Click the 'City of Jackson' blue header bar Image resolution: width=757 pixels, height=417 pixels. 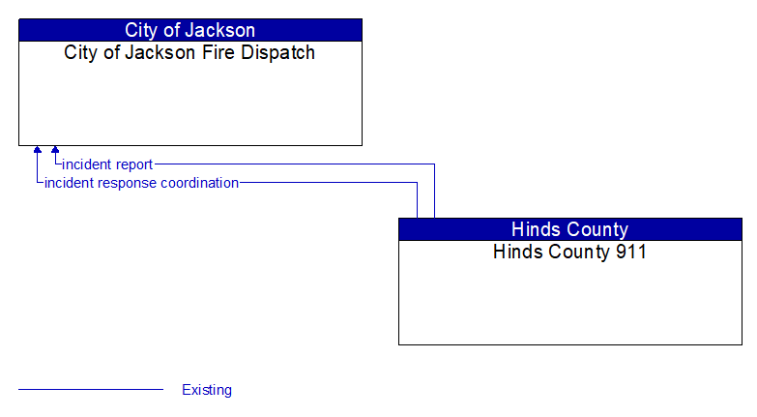point(189,30)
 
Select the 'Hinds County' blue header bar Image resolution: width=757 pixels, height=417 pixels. point(569,229)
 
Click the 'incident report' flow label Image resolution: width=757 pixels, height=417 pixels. point(107,164)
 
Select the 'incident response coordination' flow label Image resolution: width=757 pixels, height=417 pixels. point(141,182)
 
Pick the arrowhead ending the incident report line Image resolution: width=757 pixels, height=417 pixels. point(55,151)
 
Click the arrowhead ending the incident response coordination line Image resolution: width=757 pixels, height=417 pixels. point(38,151)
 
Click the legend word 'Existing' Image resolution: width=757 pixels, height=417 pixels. point(207,390)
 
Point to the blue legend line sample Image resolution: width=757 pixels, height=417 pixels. point(91,390)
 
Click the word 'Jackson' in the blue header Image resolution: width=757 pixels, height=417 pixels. point(219,30)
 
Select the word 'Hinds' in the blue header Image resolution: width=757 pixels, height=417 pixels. point(535,229)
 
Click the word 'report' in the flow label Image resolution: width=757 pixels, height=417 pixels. point(132,164)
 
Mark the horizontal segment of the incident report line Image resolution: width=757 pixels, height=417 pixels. point(290,164)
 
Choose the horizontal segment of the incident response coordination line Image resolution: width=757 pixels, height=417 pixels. point(329,182)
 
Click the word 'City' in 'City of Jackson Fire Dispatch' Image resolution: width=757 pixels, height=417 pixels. point(81,52)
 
